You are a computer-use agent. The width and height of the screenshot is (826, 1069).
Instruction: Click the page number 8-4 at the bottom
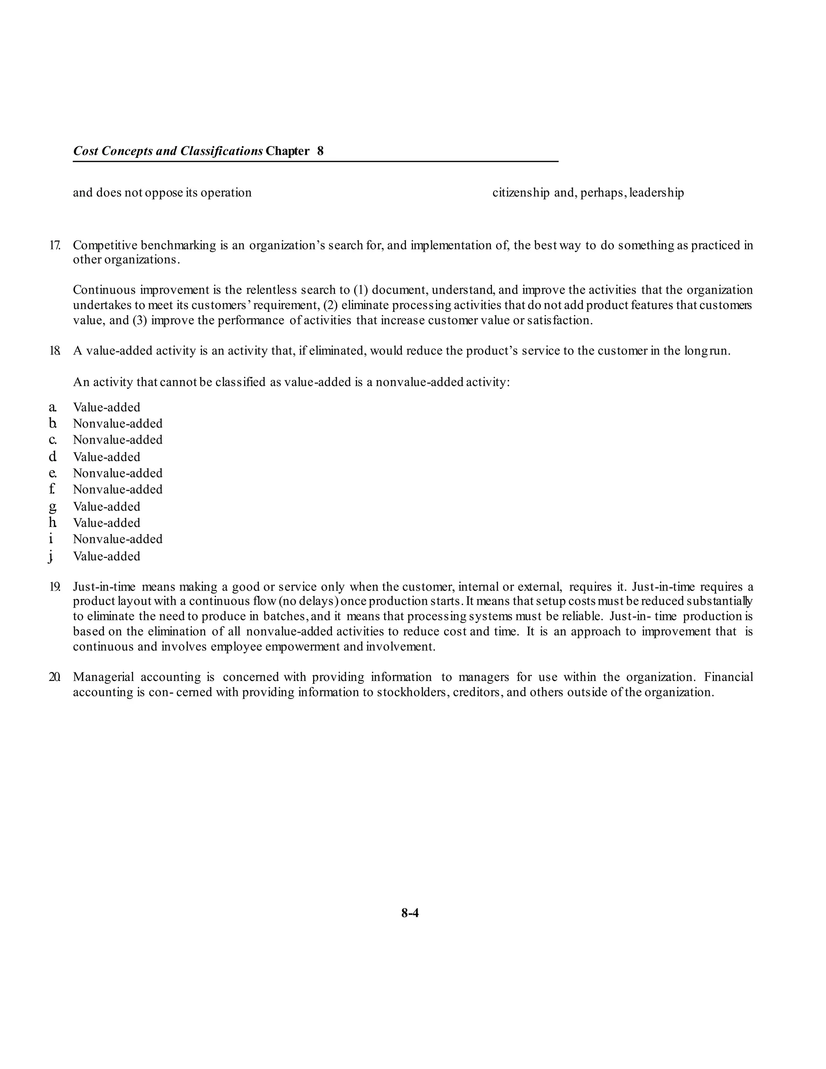(410, 913)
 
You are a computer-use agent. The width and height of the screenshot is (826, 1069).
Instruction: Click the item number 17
(54, 245)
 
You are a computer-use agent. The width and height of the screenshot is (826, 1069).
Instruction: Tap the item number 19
(54, 587)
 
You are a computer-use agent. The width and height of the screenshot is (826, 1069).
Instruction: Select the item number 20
(54, 677)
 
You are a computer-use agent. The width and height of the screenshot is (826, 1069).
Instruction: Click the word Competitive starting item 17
(105, 245)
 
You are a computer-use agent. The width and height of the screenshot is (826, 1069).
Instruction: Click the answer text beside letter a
(106, 407)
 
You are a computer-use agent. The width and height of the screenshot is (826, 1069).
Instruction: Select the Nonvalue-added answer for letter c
(118, 440)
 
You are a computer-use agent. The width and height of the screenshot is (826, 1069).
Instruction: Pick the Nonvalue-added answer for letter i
(118, 539)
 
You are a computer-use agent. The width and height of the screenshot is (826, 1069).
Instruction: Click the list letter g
(52, 507)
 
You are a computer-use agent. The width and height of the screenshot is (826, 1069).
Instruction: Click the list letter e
(52, 473)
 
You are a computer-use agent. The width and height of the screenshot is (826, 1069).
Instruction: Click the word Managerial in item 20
(103, 677)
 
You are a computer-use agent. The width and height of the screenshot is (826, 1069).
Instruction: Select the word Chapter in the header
(288, 151)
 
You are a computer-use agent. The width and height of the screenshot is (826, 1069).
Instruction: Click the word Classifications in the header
(222, 151)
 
